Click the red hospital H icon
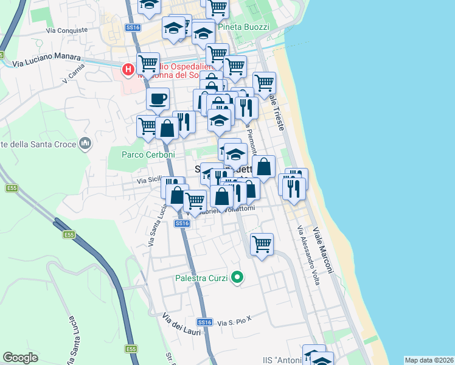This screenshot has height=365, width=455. (x=128, y=70)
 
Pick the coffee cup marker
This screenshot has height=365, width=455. (x=158, y=99)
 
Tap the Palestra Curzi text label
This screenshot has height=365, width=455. (x=201, y=278)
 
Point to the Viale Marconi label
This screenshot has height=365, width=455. (x=324, y=250)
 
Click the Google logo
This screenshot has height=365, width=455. (x=21, y=357)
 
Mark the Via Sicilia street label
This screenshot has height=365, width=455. (x=149, y=180)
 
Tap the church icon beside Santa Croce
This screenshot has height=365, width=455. (x=85, y=144)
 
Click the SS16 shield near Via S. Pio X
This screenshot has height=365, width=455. (x=205, y=322)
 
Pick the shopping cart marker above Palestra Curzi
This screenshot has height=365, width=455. (x=262, y=245)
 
